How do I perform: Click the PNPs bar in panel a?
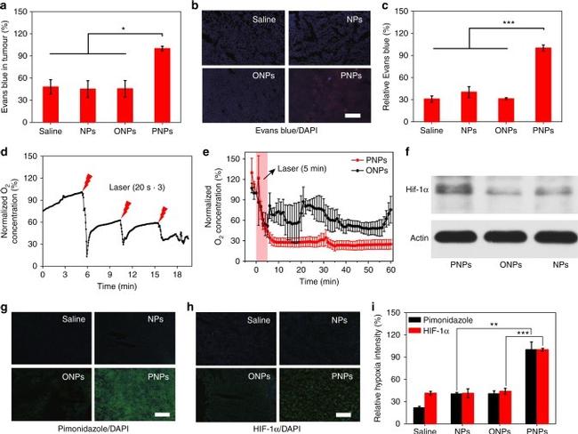pyautogui.click(x=162, y=87)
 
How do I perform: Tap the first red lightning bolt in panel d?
pyautogui.click(x=86, y=178)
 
